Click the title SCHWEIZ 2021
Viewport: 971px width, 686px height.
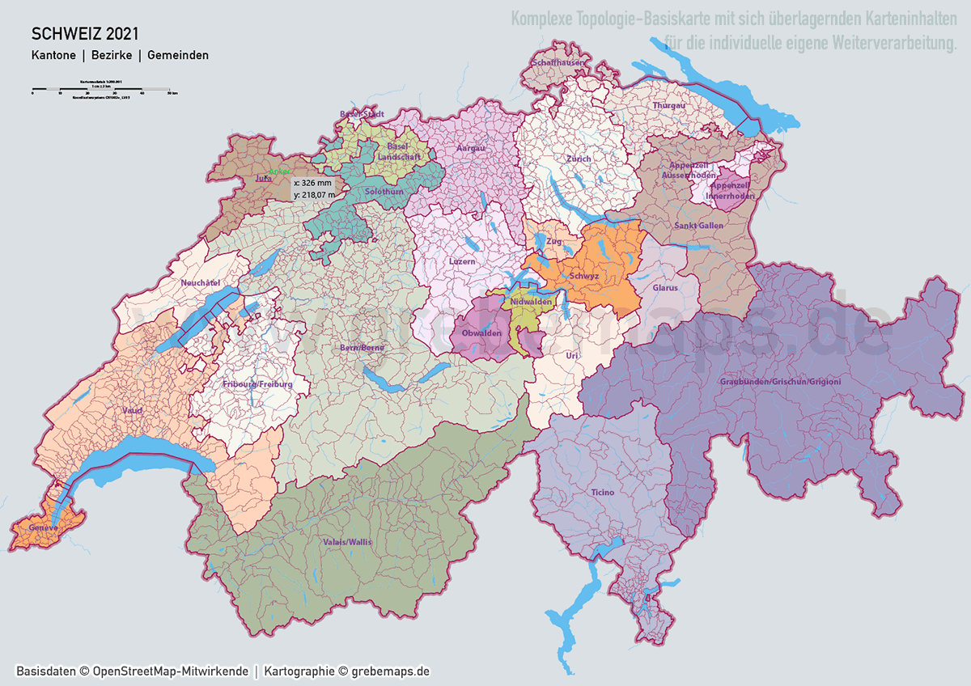click(84, 34)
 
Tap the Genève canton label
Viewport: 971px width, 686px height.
click(42, 527)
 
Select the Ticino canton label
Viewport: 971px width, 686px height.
click(602, 492)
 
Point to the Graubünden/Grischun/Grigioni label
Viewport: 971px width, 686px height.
click(780, 381)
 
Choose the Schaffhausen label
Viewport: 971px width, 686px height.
click(558, 62)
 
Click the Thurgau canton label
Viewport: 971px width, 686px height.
click(668, 106)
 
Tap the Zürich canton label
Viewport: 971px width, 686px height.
click(579, 159)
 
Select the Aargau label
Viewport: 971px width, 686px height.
click(470, 149)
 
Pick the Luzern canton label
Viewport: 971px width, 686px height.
click(462, 262)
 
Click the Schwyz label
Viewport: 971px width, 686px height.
click(583, 276)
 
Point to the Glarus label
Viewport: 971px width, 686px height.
click(664, 287)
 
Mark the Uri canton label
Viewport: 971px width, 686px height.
click(572, 355)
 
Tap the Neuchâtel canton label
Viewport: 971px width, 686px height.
click(201, 282)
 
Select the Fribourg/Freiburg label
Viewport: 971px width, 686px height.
click(257, 383)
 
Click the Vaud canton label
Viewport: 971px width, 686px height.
click(132, 411)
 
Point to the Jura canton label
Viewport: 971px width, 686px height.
click(262, 177)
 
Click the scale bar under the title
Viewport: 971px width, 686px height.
click(100, 87)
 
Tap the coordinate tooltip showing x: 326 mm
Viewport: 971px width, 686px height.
click(313, 188)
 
